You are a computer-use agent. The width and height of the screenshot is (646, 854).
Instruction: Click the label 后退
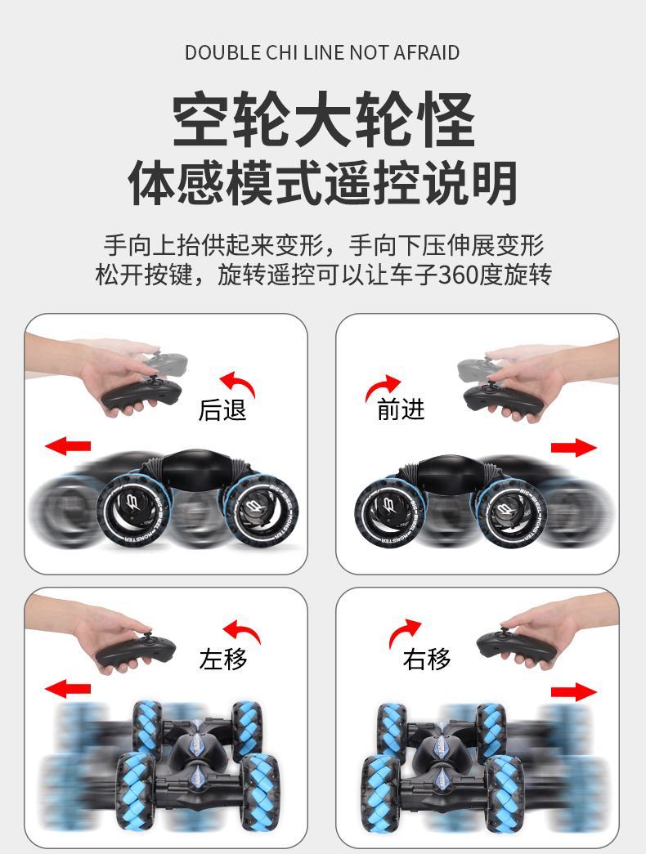tap(222, 409)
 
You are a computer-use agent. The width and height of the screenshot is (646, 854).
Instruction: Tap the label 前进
tap(401, 409)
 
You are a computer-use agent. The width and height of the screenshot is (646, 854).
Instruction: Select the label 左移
tap(223, 659)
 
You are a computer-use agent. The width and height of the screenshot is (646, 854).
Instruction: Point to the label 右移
tap(427, 659)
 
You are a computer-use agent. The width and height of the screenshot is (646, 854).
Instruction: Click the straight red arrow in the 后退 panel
tap(68, 446)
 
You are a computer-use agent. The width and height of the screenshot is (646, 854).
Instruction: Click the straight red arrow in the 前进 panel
tap(573, 447)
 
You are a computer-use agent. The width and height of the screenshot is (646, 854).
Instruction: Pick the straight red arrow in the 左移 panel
tap(68, 689)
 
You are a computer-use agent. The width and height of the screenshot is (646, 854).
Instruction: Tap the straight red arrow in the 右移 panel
tap(573, 692)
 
